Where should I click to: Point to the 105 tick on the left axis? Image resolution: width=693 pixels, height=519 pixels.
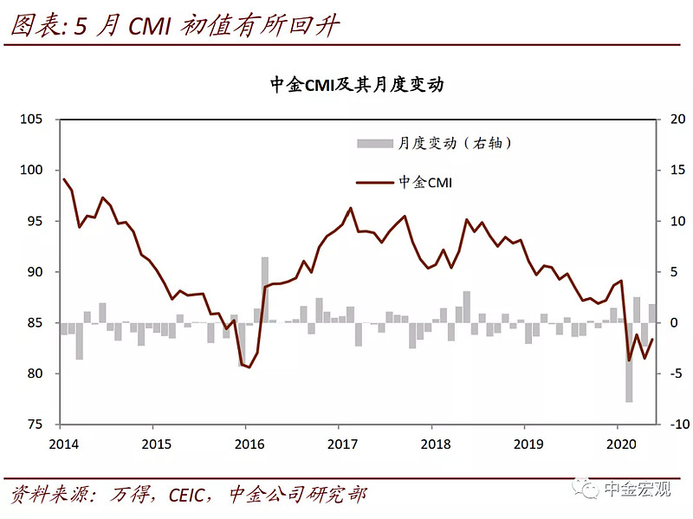tap(32, 119)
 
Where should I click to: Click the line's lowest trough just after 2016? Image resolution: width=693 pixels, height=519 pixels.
tap(249, 367)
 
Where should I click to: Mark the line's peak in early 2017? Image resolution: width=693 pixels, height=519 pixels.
tap(350, 208)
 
